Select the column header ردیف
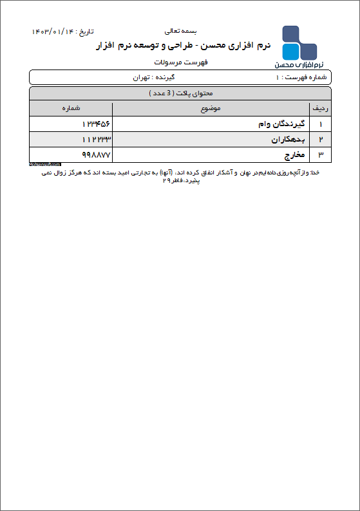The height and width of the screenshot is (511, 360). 319,108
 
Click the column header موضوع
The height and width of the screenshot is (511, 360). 210,108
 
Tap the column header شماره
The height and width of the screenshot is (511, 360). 71,108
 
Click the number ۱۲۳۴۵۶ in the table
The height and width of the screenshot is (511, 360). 97,124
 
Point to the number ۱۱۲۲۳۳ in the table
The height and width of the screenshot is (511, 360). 97,139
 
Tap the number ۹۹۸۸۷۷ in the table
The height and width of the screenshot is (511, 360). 97,155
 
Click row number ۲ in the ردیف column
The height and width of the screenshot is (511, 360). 320,139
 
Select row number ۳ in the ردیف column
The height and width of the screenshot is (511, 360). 320,155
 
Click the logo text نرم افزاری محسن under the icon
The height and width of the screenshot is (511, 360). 299,65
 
